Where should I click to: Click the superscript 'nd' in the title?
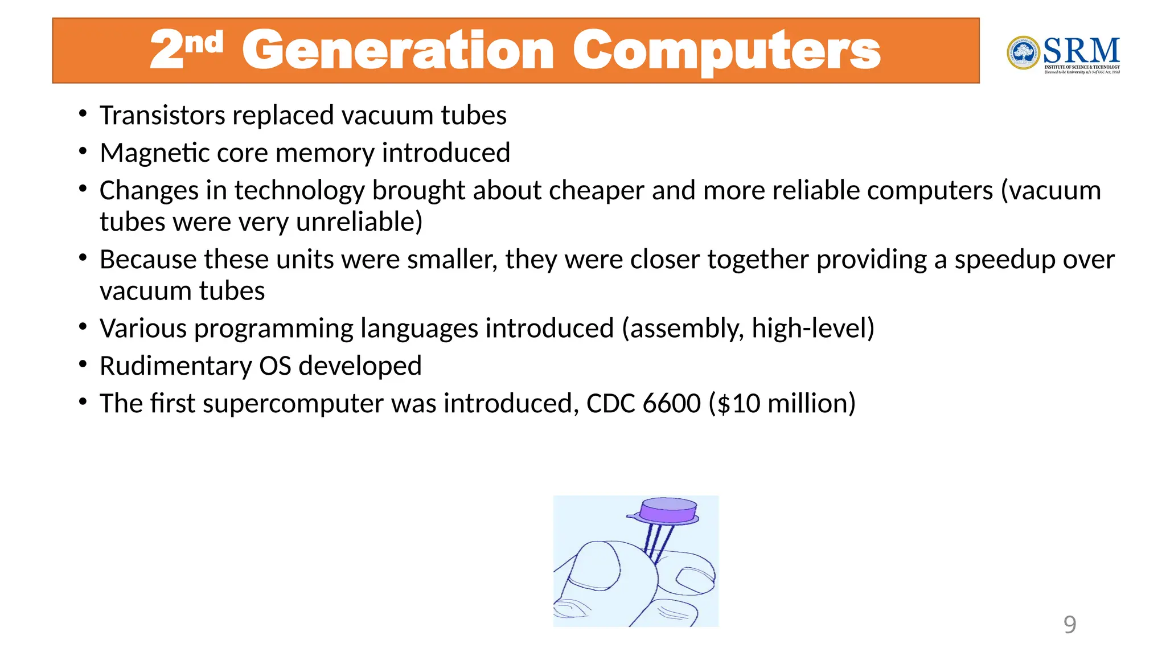click(x=203, y=43)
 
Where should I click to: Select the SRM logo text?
click(x=1081, y=51)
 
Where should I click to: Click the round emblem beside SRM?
click(x=1023, y=53)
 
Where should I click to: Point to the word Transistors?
click(x=162, y=116)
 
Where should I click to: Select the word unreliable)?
click(x=359, y=222)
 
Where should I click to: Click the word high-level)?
click(x=812, y=329)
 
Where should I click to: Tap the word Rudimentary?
click(x=175, y=366)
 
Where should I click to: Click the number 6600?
click(x=671, y=404)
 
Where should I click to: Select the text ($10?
click(x=734, y=404)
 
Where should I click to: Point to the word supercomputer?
click(x=293, y=404)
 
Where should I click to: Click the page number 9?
click(x=1069, y=625)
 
